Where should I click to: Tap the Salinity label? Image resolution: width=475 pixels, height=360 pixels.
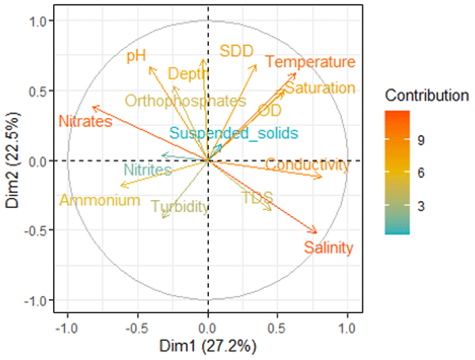click(328, 248)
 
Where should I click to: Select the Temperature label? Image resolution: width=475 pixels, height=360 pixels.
click(310, 63)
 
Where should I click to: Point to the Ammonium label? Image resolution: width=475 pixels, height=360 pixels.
click(100, 201)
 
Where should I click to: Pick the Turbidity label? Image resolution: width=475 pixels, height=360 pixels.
click(180, 207)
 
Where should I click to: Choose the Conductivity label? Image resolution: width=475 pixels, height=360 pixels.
click(306, 165)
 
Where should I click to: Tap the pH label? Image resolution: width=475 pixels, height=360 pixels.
click(137, 56)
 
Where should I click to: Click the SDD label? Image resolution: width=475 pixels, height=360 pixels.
click(236, 51)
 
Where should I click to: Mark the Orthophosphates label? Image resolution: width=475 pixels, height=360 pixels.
click(185, 101)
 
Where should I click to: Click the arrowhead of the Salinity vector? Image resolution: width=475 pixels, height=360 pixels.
click(316, 232)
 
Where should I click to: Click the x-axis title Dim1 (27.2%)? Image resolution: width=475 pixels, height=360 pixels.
click(208, 347)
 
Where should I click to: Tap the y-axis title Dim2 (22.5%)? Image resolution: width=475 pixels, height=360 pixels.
click(15, 161)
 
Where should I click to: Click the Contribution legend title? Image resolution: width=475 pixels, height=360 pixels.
click(427, 97)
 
